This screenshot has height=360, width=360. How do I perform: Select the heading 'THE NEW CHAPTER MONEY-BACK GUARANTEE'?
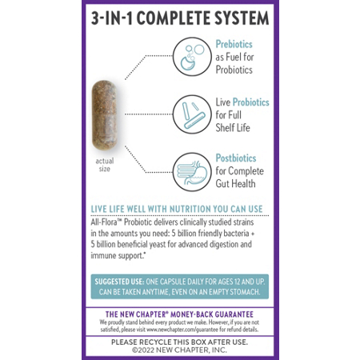tap(179, 314)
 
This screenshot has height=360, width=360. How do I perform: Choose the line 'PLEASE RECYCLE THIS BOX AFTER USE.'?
tap(179, 342)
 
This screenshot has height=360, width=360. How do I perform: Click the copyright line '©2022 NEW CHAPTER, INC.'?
tap(179, 351)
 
